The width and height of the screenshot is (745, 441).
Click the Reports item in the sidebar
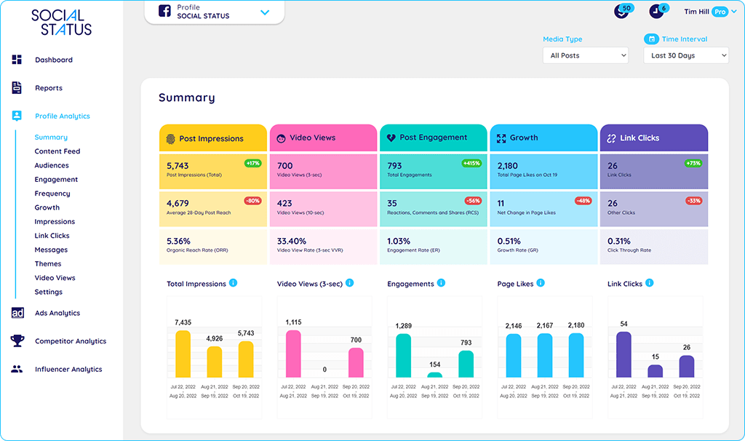pyautogui.click(x=48, y=88)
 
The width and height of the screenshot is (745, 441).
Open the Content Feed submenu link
pyautogui.click(x=57, y=151)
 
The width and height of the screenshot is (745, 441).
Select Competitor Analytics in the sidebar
pyautogui.click(x=70, y=341)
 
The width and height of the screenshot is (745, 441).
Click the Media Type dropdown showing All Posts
pyautogui.click(x=586, y=55)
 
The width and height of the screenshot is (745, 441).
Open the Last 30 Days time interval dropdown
pyautogui.click(x=685, y=55)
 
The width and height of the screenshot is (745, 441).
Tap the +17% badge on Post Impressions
pyautogui.click(x=253, y=164)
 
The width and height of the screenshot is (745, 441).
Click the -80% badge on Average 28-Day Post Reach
pyautogui.click(x=253, y=201)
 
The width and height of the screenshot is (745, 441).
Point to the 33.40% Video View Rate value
pyautogui.click(x=292, y=241)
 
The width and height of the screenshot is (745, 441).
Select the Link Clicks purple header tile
pyautogui.click(x=653, y=138)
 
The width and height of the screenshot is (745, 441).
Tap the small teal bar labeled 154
pyautogui.click(x=434, y=375)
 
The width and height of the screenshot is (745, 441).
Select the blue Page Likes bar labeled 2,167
pyautogui.click(x=544, y=355)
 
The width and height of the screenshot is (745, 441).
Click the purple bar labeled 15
pyautogui.click(x=655, y=370)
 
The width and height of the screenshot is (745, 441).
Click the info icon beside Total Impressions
pyautogui.click(x=233, y=283)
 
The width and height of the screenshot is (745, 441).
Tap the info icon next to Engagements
pyautogui.click(x=441, y=283)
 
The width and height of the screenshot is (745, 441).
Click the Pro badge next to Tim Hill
pyautogui.click(x=720, y=12)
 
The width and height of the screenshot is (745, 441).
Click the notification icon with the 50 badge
pyautogui.click(x=621, y=12)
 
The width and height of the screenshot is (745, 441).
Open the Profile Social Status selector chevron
pyautogui.click(x=265, y=12)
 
